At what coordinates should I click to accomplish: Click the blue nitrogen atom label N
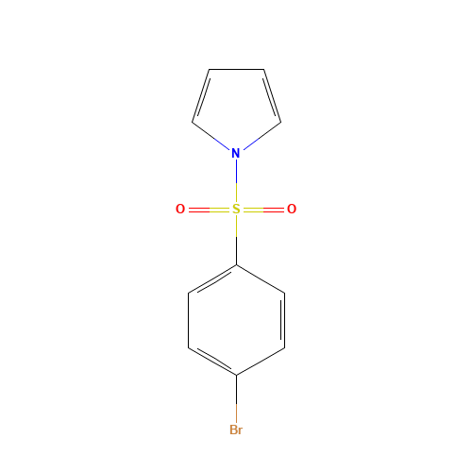pos(235,153)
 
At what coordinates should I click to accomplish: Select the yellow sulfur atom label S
pos(236,210)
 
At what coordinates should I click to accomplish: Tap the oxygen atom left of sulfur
pos(180,210)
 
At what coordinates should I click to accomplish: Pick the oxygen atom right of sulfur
pos(292,210)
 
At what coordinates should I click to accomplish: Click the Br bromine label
pos(236,430)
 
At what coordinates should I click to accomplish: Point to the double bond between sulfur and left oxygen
pos(208,210)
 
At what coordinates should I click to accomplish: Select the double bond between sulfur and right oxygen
pos(264,210)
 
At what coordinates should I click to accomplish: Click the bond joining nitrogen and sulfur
pos(236,181)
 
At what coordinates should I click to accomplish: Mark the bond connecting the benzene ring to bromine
pos(236,398)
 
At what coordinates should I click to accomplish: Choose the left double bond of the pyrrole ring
pos(200,94)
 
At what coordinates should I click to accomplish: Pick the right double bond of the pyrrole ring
pos(272,94)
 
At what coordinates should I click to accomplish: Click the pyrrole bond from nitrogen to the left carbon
pos(211,135)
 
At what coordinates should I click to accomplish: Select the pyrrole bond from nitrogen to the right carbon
pos(261,135)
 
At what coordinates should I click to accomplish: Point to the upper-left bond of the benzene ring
pos(212,279)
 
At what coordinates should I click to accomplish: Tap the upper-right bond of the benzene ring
pos(260,279)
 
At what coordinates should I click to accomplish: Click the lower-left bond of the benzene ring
pos(212,362)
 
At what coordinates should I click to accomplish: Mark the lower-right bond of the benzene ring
pos(260,362)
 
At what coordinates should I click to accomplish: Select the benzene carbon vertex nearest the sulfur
pos(236,265)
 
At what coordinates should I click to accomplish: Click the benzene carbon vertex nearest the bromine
pos(236,376)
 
